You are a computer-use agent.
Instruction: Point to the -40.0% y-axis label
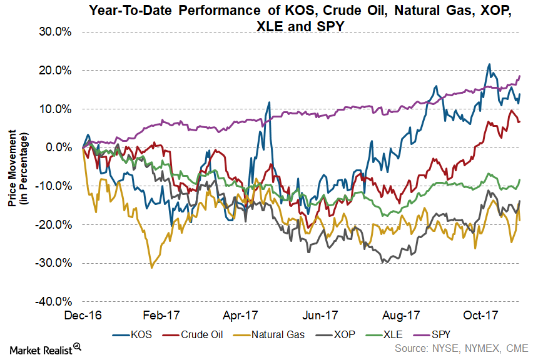(57, 301)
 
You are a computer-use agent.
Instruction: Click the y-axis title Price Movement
(16, 167)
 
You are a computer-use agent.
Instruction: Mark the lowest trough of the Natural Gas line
(151, 267)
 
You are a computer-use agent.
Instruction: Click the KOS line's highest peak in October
(489, 64)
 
